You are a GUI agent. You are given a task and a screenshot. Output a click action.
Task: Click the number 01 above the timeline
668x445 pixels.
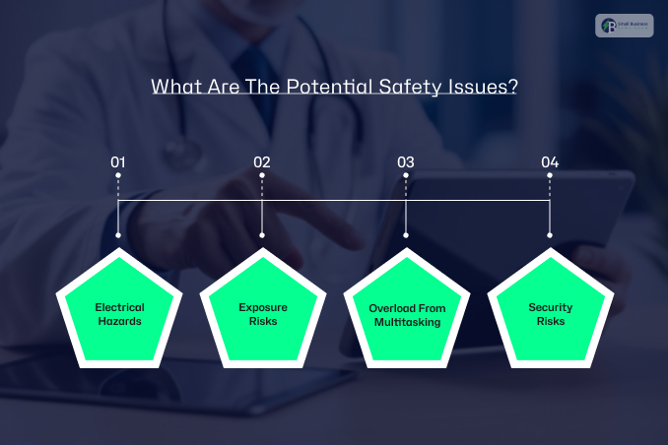[118, 161]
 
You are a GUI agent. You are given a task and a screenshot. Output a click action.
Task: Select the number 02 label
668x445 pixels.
[262, 161]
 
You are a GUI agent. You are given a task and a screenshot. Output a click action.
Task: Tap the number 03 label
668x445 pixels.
[406, 161]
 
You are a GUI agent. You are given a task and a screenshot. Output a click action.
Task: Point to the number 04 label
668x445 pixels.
[550, 161]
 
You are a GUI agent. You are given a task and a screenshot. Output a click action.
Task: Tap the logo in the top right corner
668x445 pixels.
[624, 26]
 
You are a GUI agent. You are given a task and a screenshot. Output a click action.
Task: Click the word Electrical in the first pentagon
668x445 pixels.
[119, 308]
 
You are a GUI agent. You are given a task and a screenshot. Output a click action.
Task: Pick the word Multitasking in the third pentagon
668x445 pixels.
[407, 322]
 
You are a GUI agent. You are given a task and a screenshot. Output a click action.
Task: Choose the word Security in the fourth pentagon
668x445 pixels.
[550, 308]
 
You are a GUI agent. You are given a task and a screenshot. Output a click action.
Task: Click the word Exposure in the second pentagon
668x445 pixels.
[263, 308]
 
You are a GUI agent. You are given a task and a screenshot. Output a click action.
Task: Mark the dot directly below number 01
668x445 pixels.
[118, 176]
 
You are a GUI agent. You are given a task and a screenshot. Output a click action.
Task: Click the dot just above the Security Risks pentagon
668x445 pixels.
[550, 235]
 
